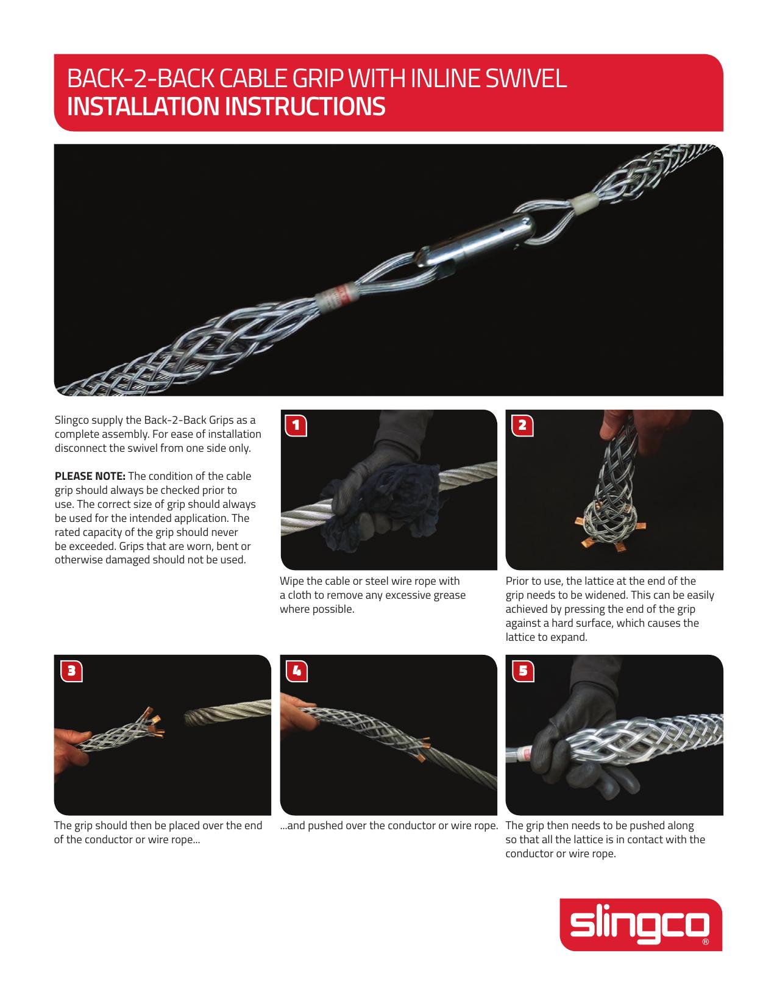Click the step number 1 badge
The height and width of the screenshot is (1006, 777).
[296, 426]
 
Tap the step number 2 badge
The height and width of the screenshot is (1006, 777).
[522, 426]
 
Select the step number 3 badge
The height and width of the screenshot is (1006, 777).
[71, 671]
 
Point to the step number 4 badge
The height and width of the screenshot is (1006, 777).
[296, 671]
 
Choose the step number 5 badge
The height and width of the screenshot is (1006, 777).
[522, 671]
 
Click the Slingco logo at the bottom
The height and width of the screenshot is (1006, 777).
[640, 924]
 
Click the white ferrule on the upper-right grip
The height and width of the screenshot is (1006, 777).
[583, 201]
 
